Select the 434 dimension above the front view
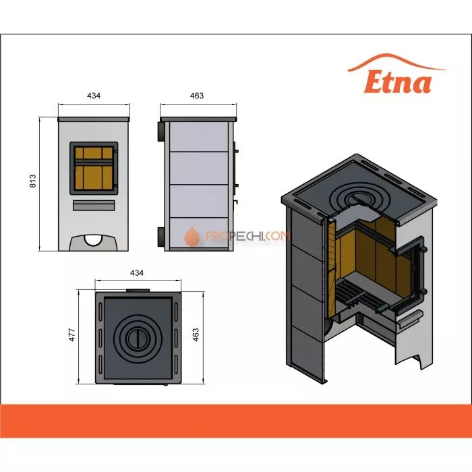click(94, 96)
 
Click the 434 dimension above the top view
click(137, 272)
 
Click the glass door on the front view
click(94, 165)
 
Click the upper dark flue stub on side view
click(162, 130)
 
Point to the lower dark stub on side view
click(162, 237)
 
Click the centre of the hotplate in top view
click(137, 334)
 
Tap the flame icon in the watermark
click(191, 237)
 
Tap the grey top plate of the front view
click(94, 119)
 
